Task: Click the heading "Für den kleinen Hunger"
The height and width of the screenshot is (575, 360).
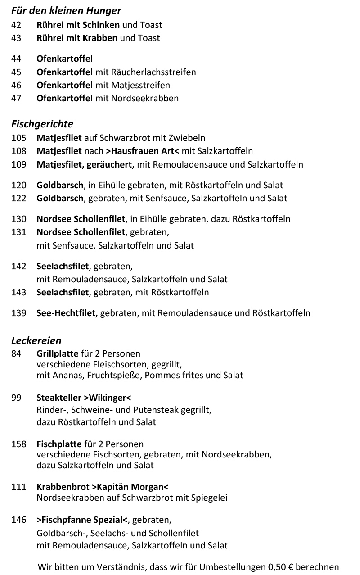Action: click(x=66, y=10)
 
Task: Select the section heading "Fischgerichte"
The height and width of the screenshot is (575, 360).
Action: click(x=42, y=123)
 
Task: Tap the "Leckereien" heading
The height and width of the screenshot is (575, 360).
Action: click(x=36, y=340)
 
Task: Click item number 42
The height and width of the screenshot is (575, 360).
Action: click(x=16, y=25)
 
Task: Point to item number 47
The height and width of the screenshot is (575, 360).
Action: click(x=16, y=98)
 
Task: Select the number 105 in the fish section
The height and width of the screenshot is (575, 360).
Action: click(x=19, y=138)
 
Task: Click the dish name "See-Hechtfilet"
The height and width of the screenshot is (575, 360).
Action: click(x=67, y=312)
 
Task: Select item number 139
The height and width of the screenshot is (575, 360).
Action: click(x=19, y=312)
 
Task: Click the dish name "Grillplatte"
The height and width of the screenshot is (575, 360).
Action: click(x=58, y=353)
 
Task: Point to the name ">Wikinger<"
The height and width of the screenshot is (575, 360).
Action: click(x=107, y=398)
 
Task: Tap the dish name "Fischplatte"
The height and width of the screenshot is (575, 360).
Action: click(x=59, y=444)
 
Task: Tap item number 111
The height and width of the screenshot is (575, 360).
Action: click(x=19, y=487)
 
